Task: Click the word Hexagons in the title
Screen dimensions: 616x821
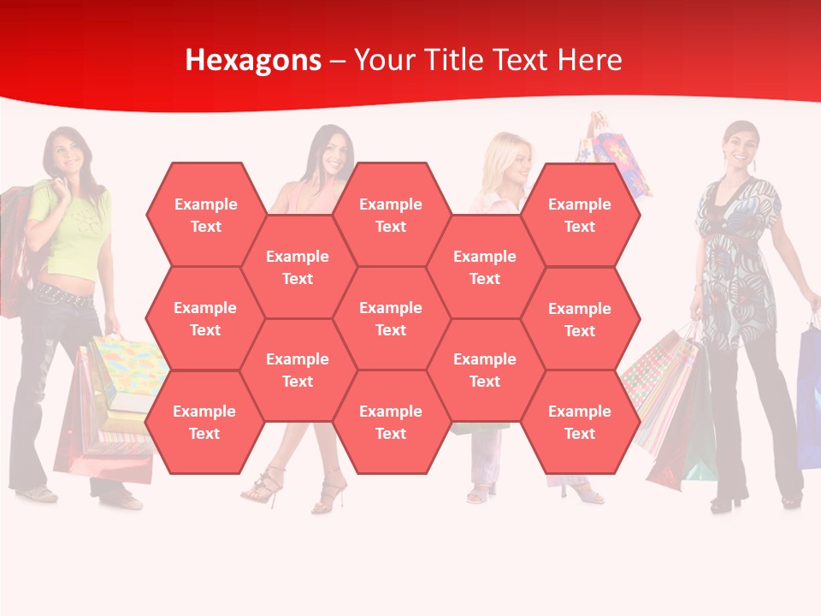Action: coord(253,60)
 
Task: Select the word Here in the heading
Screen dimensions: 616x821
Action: coord(589,60)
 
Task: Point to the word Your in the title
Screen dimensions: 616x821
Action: coord(383,60)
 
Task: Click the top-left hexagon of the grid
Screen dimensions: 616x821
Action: coord(205,215)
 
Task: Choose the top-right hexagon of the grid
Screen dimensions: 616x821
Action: coord(580,215)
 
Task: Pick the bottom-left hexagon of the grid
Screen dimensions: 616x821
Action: coord(204,422)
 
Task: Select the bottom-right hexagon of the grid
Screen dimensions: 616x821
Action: coord(580,422)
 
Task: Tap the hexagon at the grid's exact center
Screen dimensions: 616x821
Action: coord(391,318)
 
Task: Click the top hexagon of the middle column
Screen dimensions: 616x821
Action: coord(391,215)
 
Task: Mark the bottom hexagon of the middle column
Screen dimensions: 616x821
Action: coord(391,422)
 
